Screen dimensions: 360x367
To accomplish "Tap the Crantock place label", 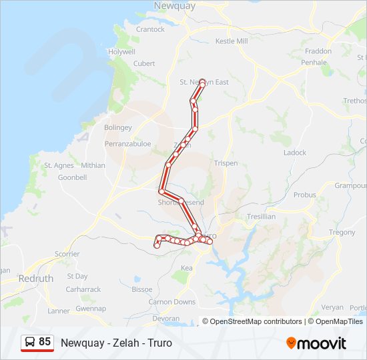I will [150, 29].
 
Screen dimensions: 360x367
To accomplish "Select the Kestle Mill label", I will [232, 41].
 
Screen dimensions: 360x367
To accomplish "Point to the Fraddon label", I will [318, 51].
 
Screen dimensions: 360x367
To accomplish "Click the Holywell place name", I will [122, 51].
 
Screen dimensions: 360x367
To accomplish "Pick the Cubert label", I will [144, 63].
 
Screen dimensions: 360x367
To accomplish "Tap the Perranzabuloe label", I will [127, 143].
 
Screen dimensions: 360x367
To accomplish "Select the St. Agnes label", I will [58, 165].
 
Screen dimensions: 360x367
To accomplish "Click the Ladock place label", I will [295, 153].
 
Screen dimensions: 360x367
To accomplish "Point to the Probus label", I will [305, 195].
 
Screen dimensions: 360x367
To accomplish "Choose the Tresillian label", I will [261, 217].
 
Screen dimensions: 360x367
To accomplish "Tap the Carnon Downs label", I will [172, 302].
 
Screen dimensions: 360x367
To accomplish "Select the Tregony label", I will [342, 233].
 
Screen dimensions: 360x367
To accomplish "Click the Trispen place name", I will [226, 163].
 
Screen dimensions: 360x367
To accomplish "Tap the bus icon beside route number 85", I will [30, 342].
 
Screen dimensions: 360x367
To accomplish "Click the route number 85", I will [45, 342].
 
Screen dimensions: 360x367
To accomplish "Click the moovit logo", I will [316, 343].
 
